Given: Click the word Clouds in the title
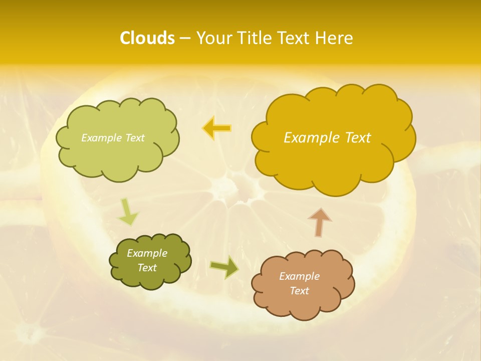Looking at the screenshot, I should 147,38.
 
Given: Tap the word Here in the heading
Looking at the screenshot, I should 334,38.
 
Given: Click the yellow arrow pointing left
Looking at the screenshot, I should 216,128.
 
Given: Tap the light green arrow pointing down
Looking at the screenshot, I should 128,212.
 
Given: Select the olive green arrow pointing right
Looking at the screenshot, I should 224,267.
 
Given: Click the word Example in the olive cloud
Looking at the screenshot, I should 147,253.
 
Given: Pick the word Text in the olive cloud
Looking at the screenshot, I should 147,268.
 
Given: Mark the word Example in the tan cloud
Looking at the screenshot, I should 299,276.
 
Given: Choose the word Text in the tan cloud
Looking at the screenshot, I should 299,291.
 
